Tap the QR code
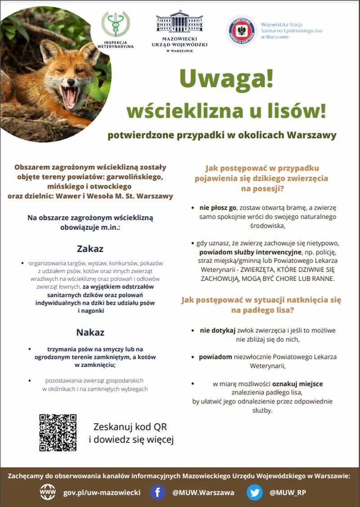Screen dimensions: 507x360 (x=58, y=432)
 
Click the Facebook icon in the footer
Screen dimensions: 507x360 (x=157, y=492)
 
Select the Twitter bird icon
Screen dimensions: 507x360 (x=254, y=492)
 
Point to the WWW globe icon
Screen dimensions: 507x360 (x=48, y=492)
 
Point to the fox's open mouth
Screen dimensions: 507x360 (x=70, y=97)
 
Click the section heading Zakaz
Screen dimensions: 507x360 (x=90, y=249)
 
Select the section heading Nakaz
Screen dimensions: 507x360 (x=90, y=332)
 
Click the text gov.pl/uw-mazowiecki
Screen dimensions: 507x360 (x=102, y=492)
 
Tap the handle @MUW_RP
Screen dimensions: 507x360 (x=288, y=492)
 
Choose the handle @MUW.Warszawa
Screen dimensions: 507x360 (x=203, y=492)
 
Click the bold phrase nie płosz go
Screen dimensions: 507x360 (x=218, y=208)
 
